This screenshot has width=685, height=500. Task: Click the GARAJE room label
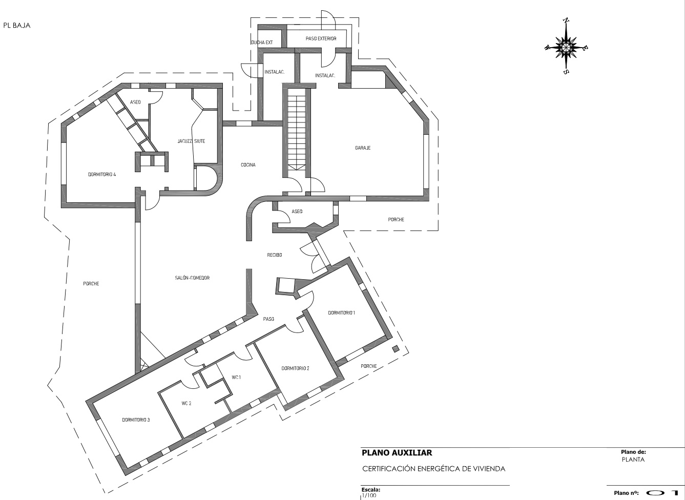pyautogui.click(x=363, y=148)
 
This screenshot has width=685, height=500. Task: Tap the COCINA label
pyautogui.click(x=248, y=165)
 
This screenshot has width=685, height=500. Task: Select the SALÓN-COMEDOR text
pyautogui.click(x=192, y=278)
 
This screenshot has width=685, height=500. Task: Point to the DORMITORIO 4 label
pyautogui.click(x=102, y=175)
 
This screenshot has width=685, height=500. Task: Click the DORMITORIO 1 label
pyautogui.click(x=341, y=313)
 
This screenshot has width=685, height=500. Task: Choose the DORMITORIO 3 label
pyautogui.click(x=136, y=420)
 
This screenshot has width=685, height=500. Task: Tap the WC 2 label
pyautogui.click(x=186, y=403)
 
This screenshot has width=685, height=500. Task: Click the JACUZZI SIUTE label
pyautogui.click(x=192, y=141)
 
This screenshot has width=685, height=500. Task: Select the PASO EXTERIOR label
pyautogui.click(x=321, y=38)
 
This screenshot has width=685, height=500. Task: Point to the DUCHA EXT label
pyautogui.click(x=262, y=43)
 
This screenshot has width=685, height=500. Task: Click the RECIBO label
pyautogui.click(x=274, y=255)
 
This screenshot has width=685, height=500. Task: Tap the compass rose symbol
pyautogui.click(x=566, y=48)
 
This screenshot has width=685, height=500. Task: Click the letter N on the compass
pyautogui.click(x=566, y=21)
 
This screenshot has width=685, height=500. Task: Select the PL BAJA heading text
pyautogui.click(x=17, y=26)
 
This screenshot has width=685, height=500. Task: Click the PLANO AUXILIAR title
pyautogui.click(x=397, y=452)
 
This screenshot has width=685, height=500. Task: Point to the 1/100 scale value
pyautogui.click(x=369, y=495)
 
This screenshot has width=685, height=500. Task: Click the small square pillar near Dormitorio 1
pyautogui.click(x=396, y=349)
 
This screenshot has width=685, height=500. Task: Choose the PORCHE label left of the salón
pyautogui.click(x=91, y=284)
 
